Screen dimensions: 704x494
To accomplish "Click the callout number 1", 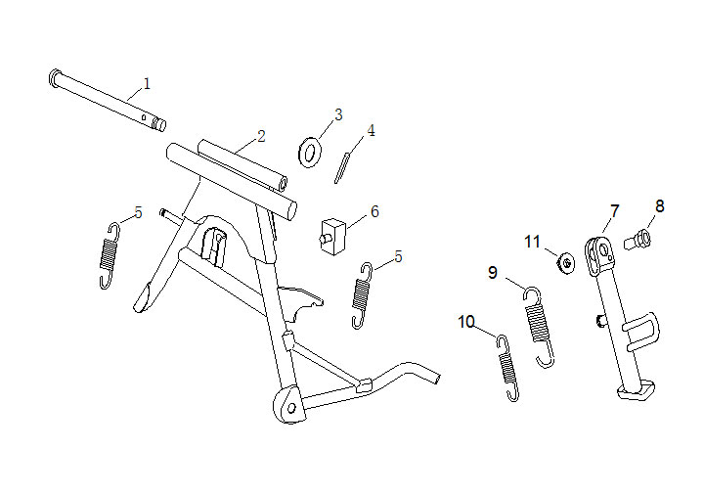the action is pyautogui.click(x=147, y=83).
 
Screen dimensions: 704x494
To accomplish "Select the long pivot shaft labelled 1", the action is pyautogui.click(x=108, y=100).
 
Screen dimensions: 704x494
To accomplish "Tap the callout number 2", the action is pyautogui.click(x=261, y=136).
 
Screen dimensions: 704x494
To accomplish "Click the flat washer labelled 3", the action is pyautogui.click(x=310, y=153).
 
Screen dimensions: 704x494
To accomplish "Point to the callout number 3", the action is pyautogui.click(x=338, y=114).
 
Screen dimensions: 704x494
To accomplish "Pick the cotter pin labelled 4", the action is pyautogui.click(x=342, y=168).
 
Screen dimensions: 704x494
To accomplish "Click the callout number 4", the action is pyautogui.click(x=371, y=131).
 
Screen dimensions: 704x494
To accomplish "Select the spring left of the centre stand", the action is pyautogui.click(x=110, y=255).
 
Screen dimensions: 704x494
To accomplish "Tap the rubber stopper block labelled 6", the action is pyautogui.click(x=333, y=236).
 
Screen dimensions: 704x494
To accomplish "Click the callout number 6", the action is pyautogui.click(x=374, y=211).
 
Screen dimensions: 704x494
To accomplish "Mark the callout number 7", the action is pyautogui.click(x=615, y=210).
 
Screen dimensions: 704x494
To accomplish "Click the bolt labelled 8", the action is pyautogui.click(x=638, y=239).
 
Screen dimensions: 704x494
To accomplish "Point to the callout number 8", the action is pyautogui.click(x=660, y=206).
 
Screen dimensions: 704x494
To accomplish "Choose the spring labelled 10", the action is pyautogui.click(x=507, y=368).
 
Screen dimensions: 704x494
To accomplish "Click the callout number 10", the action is pyautogui.click(x=466, y=322).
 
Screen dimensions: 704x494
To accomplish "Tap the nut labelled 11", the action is pyautogui.click(x=566, y=263).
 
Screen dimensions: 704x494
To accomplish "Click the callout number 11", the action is pyautogui.click(x=533, y=242).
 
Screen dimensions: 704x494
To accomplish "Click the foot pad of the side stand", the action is pyautogui.click(x=637, y=389).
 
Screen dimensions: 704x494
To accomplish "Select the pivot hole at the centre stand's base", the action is pyautogui.click(x=291, y=408).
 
